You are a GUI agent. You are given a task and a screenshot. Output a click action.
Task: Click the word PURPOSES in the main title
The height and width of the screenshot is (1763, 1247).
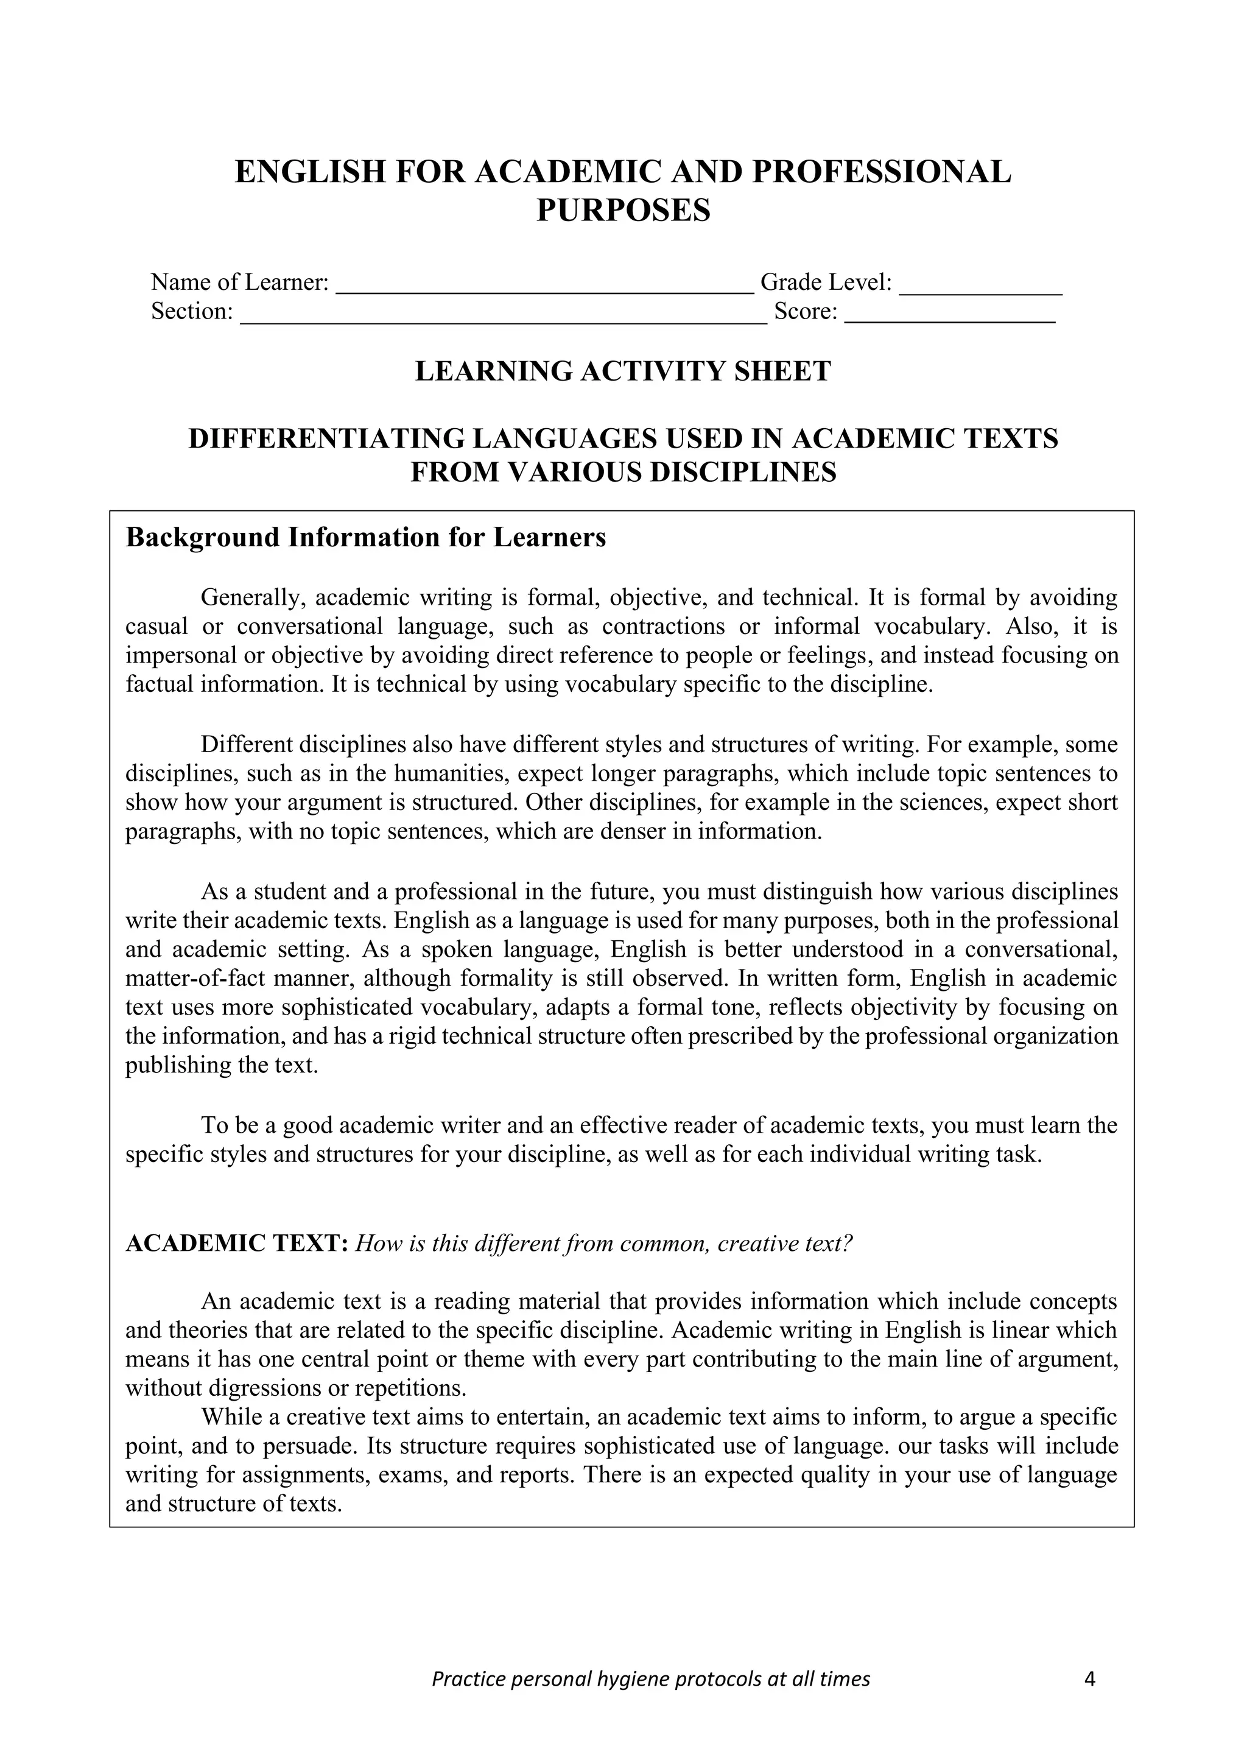[x=623, y=210]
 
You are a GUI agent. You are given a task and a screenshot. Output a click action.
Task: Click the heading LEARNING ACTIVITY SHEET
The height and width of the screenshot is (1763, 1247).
[x=623, y=371]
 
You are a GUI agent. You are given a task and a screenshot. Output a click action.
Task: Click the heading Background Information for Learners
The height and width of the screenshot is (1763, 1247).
[x=365, y=538]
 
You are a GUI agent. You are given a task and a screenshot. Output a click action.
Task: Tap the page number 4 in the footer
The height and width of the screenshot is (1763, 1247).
[x=1089, y=1680]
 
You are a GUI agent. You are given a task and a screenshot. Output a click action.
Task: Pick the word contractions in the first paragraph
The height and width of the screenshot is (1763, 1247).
[x=662, y=627]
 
